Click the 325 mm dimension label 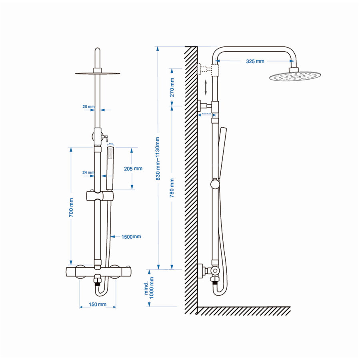[255, 61]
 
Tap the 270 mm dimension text [172, 88]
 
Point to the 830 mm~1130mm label [158, 158]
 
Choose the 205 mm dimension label [133, 168]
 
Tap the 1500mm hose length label [131, 236]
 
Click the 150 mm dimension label [98, 304]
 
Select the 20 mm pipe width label [88, 107]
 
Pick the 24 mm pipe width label [88, 173]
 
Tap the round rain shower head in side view [295, 76]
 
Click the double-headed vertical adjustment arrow [206, 87]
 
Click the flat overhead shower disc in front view [97, 74]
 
